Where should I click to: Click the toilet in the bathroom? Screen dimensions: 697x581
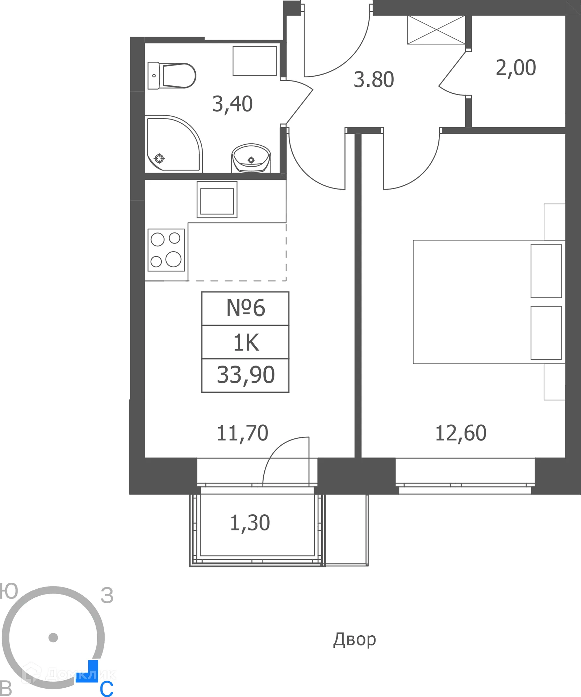173,76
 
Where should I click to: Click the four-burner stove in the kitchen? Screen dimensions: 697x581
166,250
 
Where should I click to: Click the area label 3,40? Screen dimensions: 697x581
232,104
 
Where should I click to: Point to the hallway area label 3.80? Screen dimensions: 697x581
373,80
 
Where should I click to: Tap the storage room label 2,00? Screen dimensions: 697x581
515,68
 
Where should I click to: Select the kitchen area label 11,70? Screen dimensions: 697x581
242,433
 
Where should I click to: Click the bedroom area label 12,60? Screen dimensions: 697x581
460,433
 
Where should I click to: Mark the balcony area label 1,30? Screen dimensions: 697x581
250,523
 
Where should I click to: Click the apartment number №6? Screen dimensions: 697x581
246,308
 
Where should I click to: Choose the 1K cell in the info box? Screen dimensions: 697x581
246,343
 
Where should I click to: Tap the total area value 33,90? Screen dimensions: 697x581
246,375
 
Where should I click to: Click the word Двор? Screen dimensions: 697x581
354,639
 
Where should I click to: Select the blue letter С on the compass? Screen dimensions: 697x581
106,689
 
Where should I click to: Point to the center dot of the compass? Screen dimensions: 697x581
53,638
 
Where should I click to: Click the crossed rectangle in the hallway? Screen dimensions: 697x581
436,30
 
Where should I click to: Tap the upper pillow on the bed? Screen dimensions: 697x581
546,271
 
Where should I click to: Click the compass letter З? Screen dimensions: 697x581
107,596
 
